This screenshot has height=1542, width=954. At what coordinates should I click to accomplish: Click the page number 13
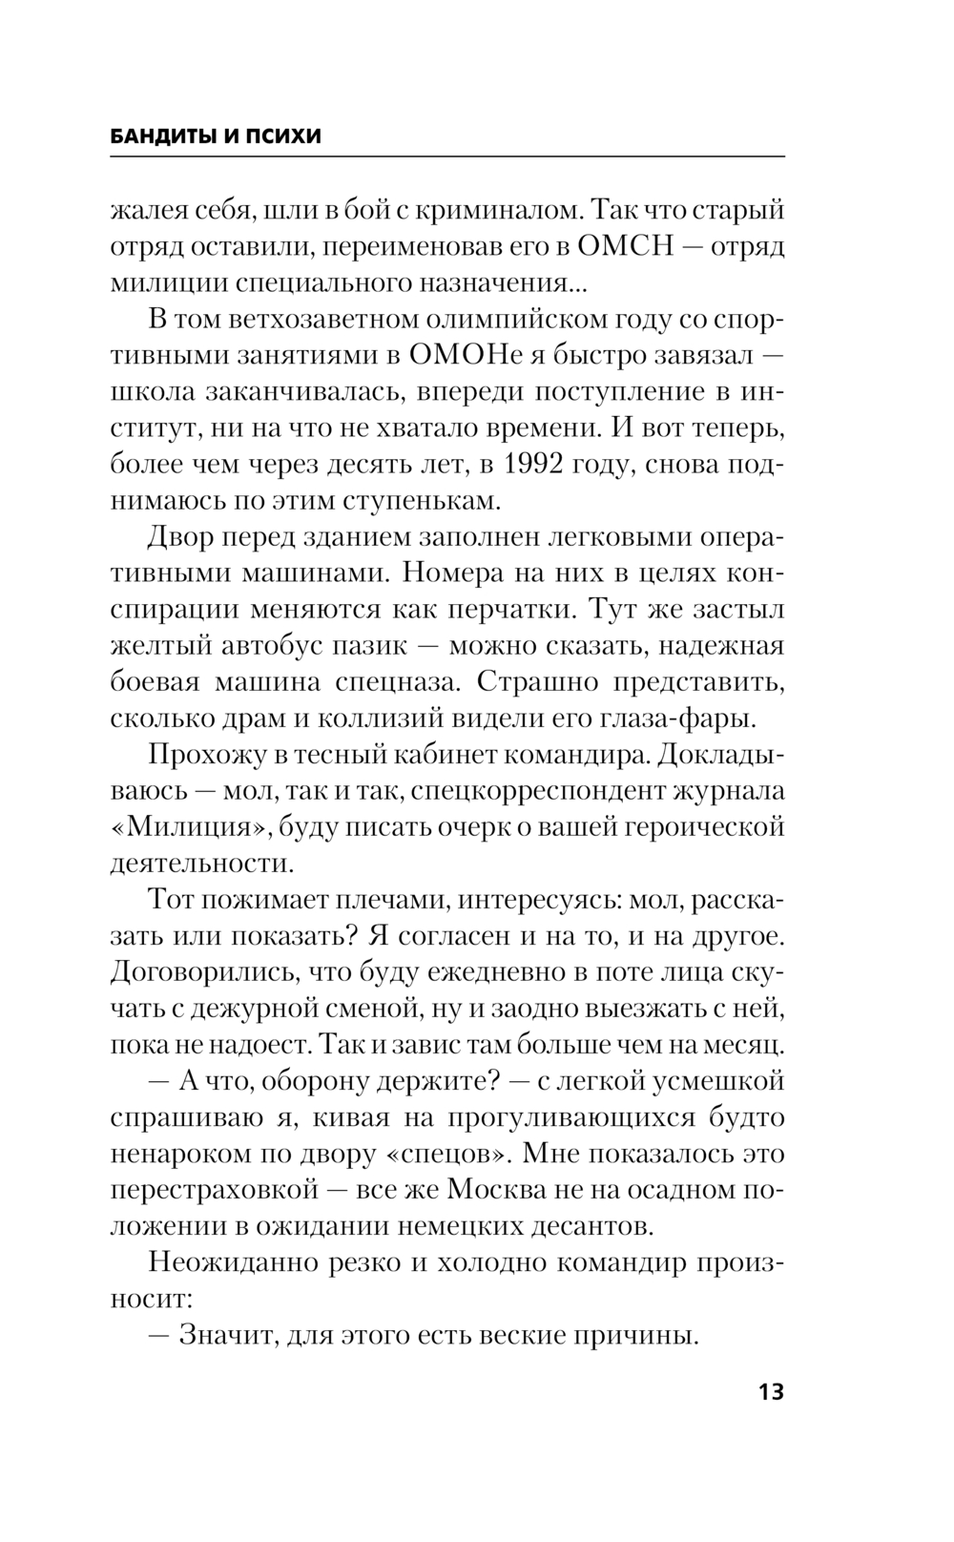pos(771,1391)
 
